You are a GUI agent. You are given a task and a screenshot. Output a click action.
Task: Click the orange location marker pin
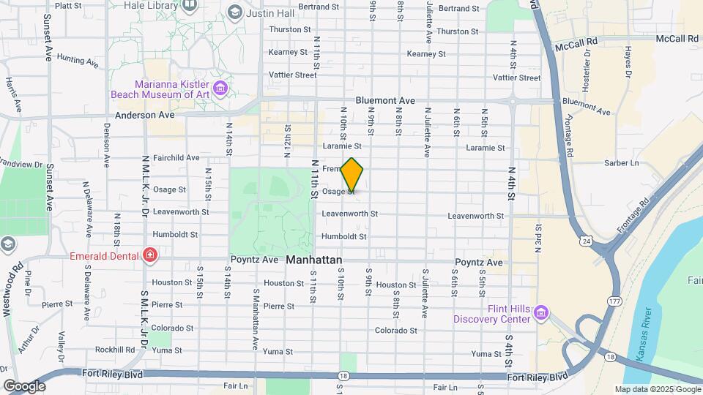click(x=352, y=176)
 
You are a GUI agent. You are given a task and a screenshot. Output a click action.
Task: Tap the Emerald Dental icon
click(x=150, y=255)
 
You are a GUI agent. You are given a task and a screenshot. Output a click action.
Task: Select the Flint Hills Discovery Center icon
click(x=541, y=313)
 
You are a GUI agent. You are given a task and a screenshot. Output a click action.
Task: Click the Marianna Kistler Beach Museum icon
click(x=221, y=89)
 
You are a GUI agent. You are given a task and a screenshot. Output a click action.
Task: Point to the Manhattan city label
click(x=314, y=260)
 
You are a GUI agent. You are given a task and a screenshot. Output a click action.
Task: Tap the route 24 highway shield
click(x=586, y=240)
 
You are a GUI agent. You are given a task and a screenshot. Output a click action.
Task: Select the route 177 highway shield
click(x=613, y=300)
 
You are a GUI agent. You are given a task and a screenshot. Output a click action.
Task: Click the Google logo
click(x=24, y=385)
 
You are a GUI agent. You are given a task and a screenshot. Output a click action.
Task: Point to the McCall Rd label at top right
click(x=678, y=38)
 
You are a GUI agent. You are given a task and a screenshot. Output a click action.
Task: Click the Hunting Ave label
click(x=77, y=60)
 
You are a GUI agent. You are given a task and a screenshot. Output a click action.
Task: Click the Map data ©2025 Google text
click(x=658, y=390)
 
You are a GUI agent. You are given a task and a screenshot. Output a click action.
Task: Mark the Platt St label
click(x=68, y=5)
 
